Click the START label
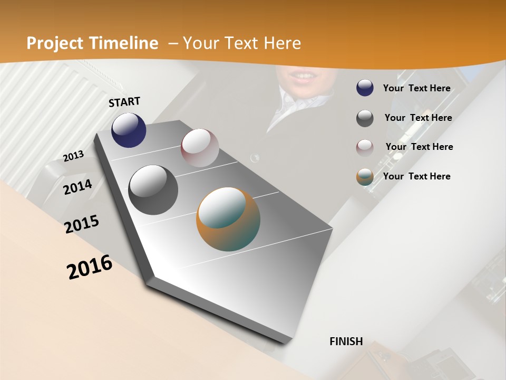(124, 102)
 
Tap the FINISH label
(346, 341)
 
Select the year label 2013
(73, 156)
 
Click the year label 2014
(77, 187)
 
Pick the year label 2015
(82, 224)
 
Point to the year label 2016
(90, 267)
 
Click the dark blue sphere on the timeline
(129, 130)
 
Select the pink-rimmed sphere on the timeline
(200, 148)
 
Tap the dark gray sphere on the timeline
(153, 190)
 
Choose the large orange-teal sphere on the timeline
(228, 219)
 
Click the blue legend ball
(365, 88)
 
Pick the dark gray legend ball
(365, 118)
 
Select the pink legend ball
(365, 147)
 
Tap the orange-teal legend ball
(365, 177)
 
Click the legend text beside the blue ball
(416, 88)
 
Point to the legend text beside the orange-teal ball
(416, 176)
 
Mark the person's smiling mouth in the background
(303, 77)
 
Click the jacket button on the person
(255, 157)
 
